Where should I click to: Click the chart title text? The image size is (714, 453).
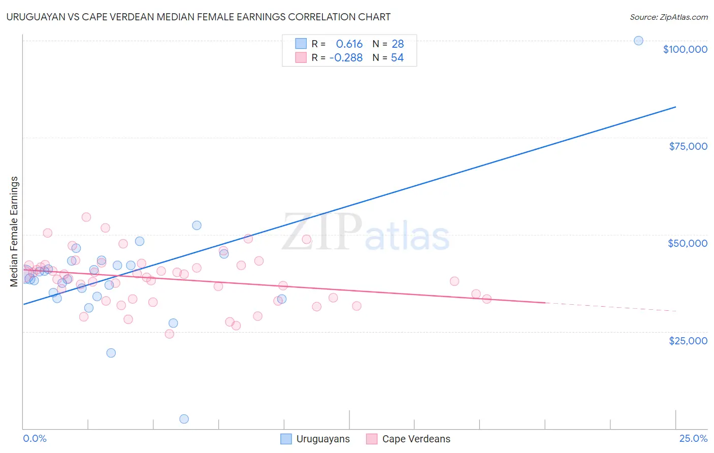(199, 17)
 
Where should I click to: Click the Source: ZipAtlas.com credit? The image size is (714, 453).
(668, 17)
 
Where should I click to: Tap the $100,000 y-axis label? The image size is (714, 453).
(685, 49)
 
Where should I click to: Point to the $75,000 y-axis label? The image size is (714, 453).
(688, 146)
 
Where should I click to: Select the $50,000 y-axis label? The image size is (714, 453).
(687, 243)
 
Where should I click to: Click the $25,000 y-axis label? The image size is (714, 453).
(688, 341)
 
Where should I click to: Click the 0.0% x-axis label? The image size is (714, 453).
(35, 438)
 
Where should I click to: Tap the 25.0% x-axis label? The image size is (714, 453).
(693, 438)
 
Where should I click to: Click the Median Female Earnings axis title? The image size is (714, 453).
(14, 232)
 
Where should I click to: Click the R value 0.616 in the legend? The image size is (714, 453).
(349, 44)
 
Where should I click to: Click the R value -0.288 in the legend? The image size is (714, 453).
(346, 58)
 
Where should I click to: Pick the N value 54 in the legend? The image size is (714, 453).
(397, 58)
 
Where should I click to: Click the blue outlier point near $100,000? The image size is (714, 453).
(638, 41)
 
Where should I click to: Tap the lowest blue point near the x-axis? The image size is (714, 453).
(184, 419)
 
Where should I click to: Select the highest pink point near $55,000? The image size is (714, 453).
(86, 217)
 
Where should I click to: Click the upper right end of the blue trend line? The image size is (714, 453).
(675, 107)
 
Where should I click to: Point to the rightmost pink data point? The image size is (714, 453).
(486, 299)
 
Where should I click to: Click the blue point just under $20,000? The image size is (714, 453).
(111, 353)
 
